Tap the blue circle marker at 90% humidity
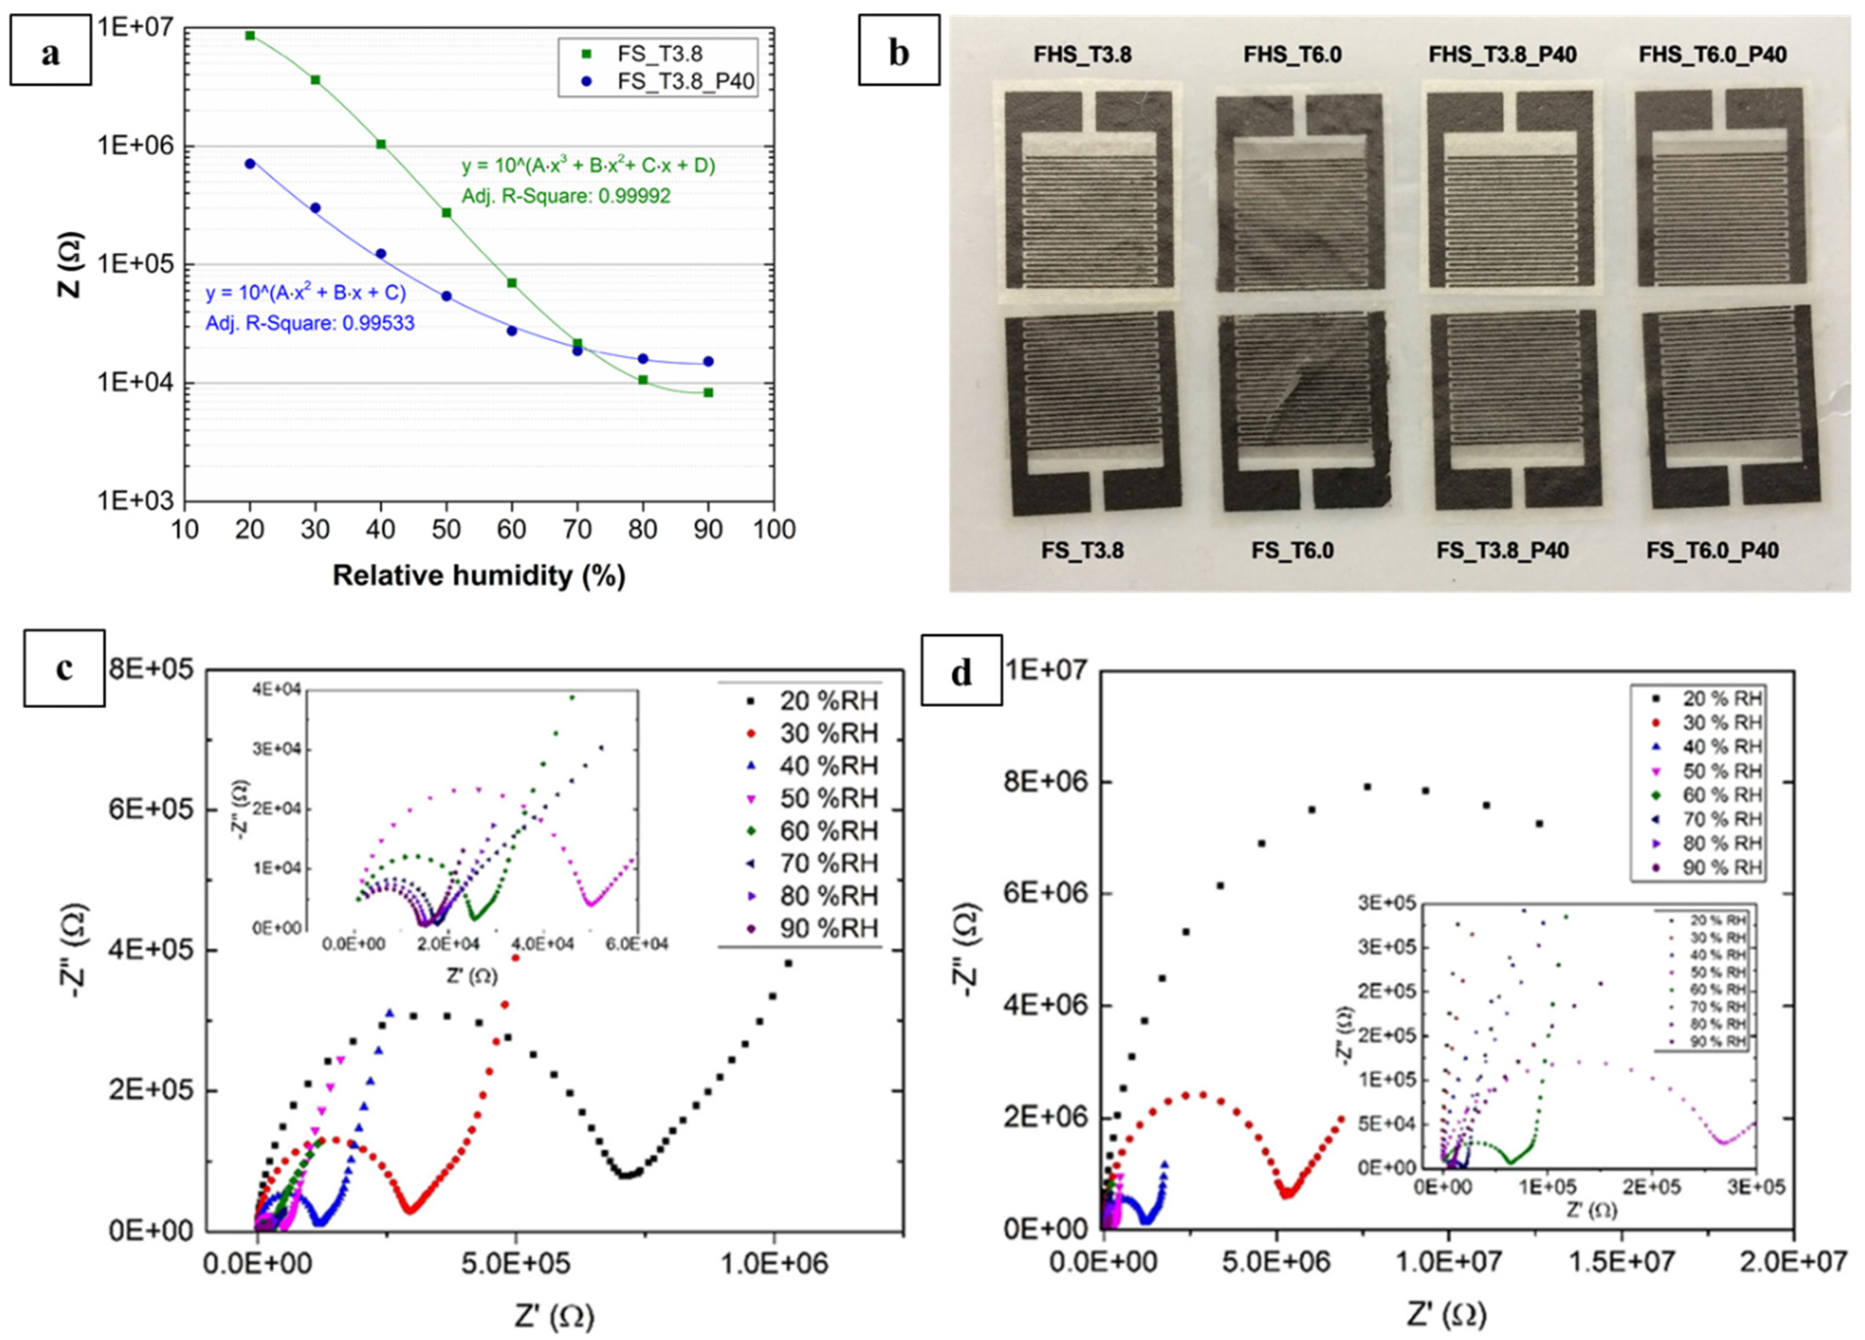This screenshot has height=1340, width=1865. coord(708,362)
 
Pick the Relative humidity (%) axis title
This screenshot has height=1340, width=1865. coord(479,575)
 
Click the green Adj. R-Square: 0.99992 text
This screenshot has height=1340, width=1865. coord(566,196)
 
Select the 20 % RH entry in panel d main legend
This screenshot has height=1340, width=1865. coord(1721,699)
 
